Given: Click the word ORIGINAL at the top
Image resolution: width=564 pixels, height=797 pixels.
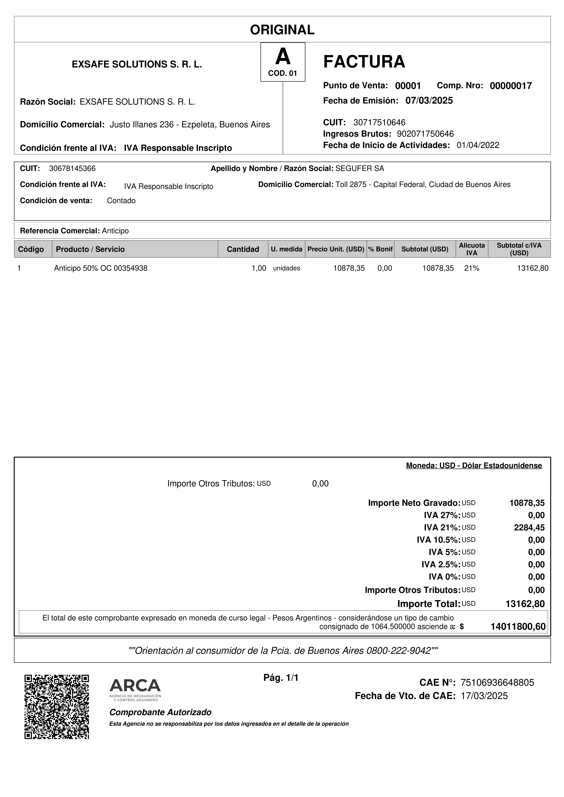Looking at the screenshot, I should (282, 30).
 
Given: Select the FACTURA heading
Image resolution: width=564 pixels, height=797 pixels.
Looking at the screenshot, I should (364, 62).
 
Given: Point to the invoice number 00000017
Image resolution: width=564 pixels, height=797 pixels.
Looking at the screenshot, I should (510, 86).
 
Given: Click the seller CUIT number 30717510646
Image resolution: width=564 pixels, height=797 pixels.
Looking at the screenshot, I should (379, 123).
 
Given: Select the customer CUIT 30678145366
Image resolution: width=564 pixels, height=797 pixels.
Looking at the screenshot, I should (72, 169).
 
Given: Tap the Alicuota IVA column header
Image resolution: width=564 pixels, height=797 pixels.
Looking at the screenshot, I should (472, 249).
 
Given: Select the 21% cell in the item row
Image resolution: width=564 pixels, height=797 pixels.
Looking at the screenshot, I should (472, 268).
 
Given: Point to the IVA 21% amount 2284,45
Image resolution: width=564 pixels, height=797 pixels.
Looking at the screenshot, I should (529, 528).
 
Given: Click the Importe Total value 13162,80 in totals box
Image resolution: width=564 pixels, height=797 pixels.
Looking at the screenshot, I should (525, 604).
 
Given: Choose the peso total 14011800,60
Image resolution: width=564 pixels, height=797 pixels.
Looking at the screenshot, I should (518, 627).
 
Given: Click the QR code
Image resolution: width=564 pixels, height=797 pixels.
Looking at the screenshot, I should (57, 707).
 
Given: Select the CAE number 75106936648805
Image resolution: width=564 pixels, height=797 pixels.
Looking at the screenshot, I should (497, 683).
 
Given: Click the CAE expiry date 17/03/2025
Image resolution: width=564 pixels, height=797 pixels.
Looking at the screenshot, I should (484, 696).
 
